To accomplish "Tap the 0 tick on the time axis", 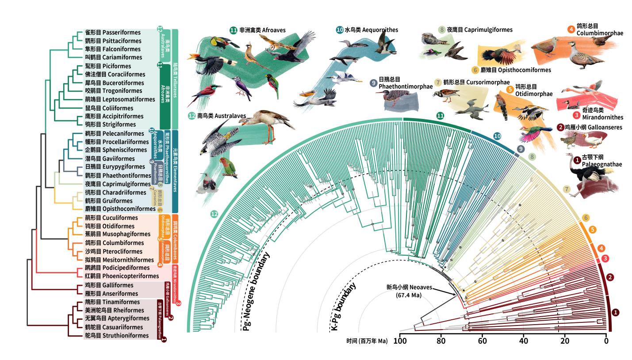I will click(x=606, y=341).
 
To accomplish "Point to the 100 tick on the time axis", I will click(x=400, y=341).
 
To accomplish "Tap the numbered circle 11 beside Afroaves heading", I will click(x=234, y=31).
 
